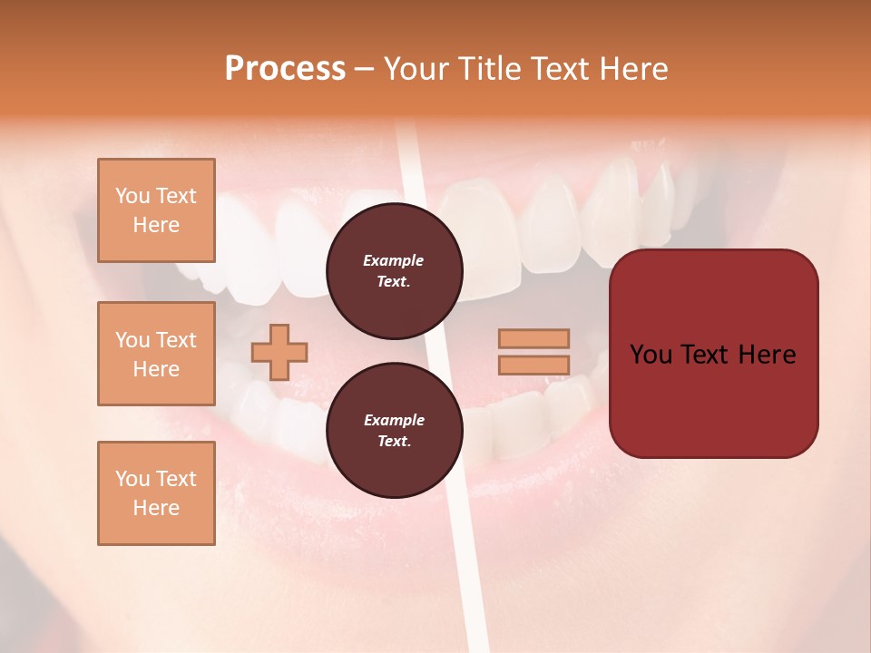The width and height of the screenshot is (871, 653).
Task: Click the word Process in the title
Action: [285, 69]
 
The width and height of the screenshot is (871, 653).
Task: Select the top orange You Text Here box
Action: [156, 210]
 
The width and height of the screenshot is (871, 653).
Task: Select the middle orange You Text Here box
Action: [156, 354]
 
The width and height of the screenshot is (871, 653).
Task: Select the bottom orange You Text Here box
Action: [156, 493]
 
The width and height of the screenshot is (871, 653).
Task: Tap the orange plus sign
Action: [279, 352]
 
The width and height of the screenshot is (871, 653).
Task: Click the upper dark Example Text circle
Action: [395, 271]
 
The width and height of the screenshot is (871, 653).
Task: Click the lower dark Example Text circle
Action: [395, 431]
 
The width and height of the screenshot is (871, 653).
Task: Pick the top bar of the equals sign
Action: [533, 338]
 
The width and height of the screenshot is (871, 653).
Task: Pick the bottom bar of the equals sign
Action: [533, 365]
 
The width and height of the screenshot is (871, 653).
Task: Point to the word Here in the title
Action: [634, 69]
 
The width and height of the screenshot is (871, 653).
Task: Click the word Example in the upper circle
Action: [394, 260]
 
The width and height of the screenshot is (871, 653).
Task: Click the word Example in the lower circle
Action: [394, 420]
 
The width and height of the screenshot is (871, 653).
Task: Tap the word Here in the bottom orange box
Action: [156, 508]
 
